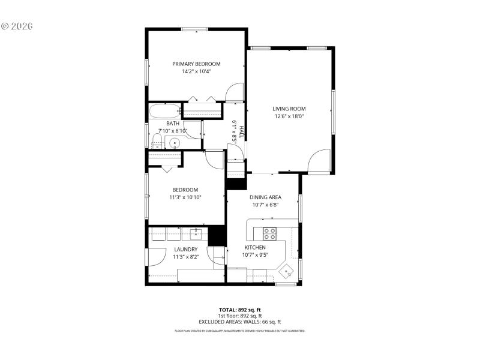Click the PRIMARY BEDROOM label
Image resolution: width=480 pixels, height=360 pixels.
pos(196,64)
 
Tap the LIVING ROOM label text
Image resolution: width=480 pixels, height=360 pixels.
pos(289,109)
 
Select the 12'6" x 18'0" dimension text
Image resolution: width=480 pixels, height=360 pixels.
pos(289,116)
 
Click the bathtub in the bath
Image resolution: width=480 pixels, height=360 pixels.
pos(164,111)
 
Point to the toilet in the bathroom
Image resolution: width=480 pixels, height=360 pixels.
pos(156,142)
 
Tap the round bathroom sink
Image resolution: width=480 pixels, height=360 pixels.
pos(174,143)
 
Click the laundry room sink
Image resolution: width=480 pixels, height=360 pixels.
pos(196,234)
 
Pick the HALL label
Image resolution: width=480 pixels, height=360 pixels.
pos(241,132)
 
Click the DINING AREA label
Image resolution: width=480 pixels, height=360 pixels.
pos(265,197)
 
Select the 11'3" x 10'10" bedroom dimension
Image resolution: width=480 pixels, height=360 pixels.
pos(185,197)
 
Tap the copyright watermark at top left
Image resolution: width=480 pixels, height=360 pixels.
pos(17,26)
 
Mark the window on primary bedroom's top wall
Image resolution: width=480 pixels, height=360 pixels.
pos(194,28)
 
